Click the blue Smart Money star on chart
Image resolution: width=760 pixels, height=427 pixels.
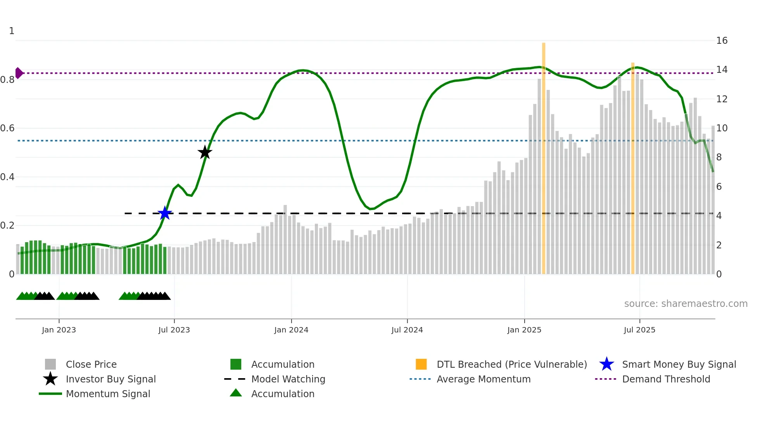click(165, 213)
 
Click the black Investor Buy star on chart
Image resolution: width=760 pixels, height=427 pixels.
click(205, 152)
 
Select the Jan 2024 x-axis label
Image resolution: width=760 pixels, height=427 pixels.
click(291, 330)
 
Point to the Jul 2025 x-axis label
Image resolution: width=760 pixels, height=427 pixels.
click(639, 330)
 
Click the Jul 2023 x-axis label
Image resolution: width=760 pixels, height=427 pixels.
click(174, 330)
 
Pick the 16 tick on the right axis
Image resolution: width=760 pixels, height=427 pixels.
click(722, 41)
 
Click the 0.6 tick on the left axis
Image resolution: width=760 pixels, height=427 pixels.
click(7, 128)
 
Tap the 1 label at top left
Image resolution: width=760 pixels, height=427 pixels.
click(12, 31)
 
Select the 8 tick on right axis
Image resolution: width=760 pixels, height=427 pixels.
click(719, 157)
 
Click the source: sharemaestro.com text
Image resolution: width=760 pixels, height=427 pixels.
click(686, 304)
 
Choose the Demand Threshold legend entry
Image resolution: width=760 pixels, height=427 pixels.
click(666, 379)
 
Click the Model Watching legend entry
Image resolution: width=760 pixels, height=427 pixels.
click(288, 379)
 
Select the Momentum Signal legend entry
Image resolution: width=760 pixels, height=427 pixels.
click(108, 394)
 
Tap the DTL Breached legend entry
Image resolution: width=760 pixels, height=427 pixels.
click(511, 364)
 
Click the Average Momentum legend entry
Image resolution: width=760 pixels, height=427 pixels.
click(483, 379)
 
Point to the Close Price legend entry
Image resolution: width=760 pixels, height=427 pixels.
click(91, 364)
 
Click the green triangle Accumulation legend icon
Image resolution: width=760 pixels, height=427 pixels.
click(236, 393)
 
